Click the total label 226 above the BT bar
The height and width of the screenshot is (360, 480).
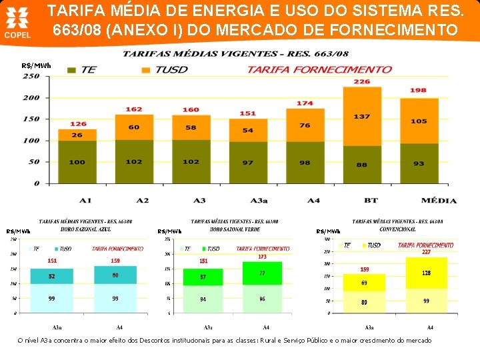[x=361, y=81]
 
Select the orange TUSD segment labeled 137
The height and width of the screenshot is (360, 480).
[x=361, y=116]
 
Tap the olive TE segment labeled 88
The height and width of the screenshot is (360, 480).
[x=361, y=165]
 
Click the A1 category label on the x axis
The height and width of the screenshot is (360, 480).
[x=85, y=200]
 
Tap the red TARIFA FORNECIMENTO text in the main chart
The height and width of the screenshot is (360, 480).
[x=319, y=69]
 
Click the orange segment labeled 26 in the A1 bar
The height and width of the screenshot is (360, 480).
[x=77, y=135]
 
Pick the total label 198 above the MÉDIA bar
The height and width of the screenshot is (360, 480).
[x=418, y=90]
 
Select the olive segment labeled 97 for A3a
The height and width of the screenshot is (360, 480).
[x=248, y=163]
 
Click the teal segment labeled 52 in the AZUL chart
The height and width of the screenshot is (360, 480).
[x=51, y=276]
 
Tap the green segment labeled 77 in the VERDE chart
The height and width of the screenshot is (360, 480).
[x=262, y=273]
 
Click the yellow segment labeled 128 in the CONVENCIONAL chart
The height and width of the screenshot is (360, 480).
[x=426, y=273]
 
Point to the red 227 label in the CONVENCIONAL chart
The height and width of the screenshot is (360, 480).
[x=426, y=252]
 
